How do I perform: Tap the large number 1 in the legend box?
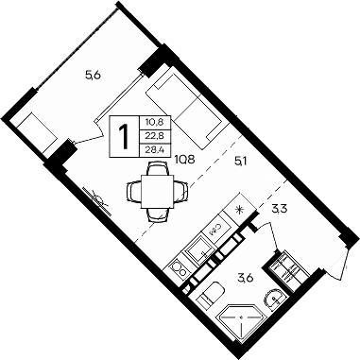123,135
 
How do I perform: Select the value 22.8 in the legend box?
152,134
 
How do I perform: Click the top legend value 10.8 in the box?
152,121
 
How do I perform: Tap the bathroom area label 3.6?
245,277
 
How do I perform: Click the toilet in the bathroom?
210,293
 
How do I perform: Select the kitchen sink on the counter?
200,249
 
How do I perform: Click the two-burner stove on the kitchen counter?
179,270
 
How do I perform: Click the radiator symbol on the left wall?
97,199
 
